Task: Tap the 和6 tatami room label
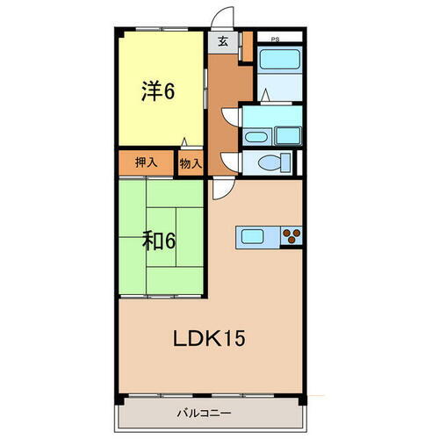(158, 240)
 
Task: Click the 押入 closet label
(147, 162)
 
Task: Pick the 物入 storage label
(191, 162)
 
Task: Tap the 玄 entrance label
(223, 41)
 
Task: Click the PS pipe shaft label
(275, 39)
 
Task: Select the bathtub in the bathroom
(279, 61)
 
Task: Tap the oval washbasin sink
(254, 136)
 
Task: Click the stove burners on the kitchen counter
(292, 235)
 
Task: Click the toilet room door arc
(230, 161)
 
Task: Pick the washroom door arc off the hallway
(231, 116)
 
